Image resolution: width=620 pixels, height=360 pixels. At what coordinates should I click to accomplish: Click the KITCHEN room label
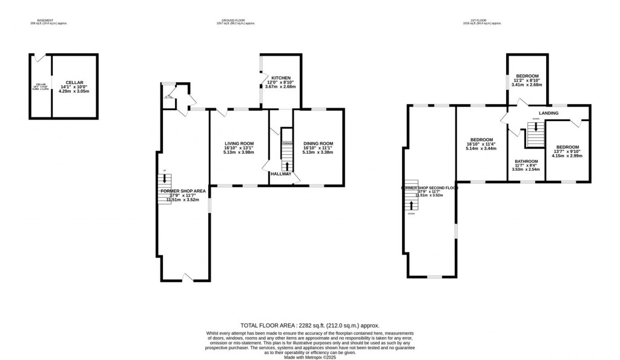(x=281, y=78)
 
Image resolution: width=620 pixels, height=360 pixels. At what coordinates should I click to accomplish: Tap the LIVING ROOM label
(x=234, y=143)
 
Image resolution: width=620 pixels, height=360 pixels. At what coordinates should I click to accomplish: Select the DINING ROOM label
(x=318, y=143)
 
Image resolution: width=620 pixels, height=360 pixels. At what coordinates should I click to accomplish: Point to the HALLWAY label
(x=281, y=174)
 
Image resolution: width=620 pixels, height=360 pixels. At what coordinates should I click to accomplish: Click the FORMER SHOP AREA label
(x=183, y=191)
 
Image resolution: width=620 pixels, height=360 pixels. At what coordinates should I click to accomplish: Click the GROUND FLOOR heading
(x=236, y=20)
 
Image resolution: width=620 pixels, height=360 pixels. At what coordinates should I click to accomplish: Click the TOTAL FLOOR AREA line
(x=310, y=326)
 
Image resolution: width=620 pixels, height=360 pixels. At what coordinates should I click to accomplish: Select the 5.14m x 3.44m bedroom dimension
(x=482, y=149)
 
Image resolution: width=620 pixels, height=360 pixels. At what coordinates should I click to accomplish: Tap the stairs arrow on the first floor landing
(x=536, y=128)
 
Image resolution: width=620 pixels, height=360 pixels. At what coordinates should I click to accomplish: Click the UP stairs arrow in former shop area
(x=163, y=178)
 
